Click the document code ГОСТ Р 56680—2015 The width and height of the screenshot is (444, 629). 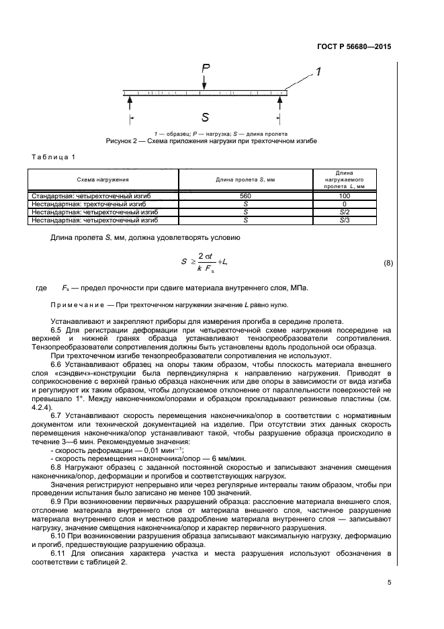coord(354,47)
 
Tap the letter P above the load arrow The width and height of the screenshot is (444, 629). coord(206,68)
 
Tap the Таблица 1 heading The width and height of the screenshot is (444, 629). coord(53,157)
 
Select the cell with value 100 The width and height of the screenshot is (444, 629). coord(344,196)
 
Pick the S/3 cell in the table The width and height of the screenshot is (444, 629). coord(344,219)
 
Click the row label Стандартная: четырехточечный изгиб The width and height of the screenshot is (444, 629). coord(95,196)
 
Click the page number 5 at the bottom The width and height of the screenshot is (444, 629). coord(389,582)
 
